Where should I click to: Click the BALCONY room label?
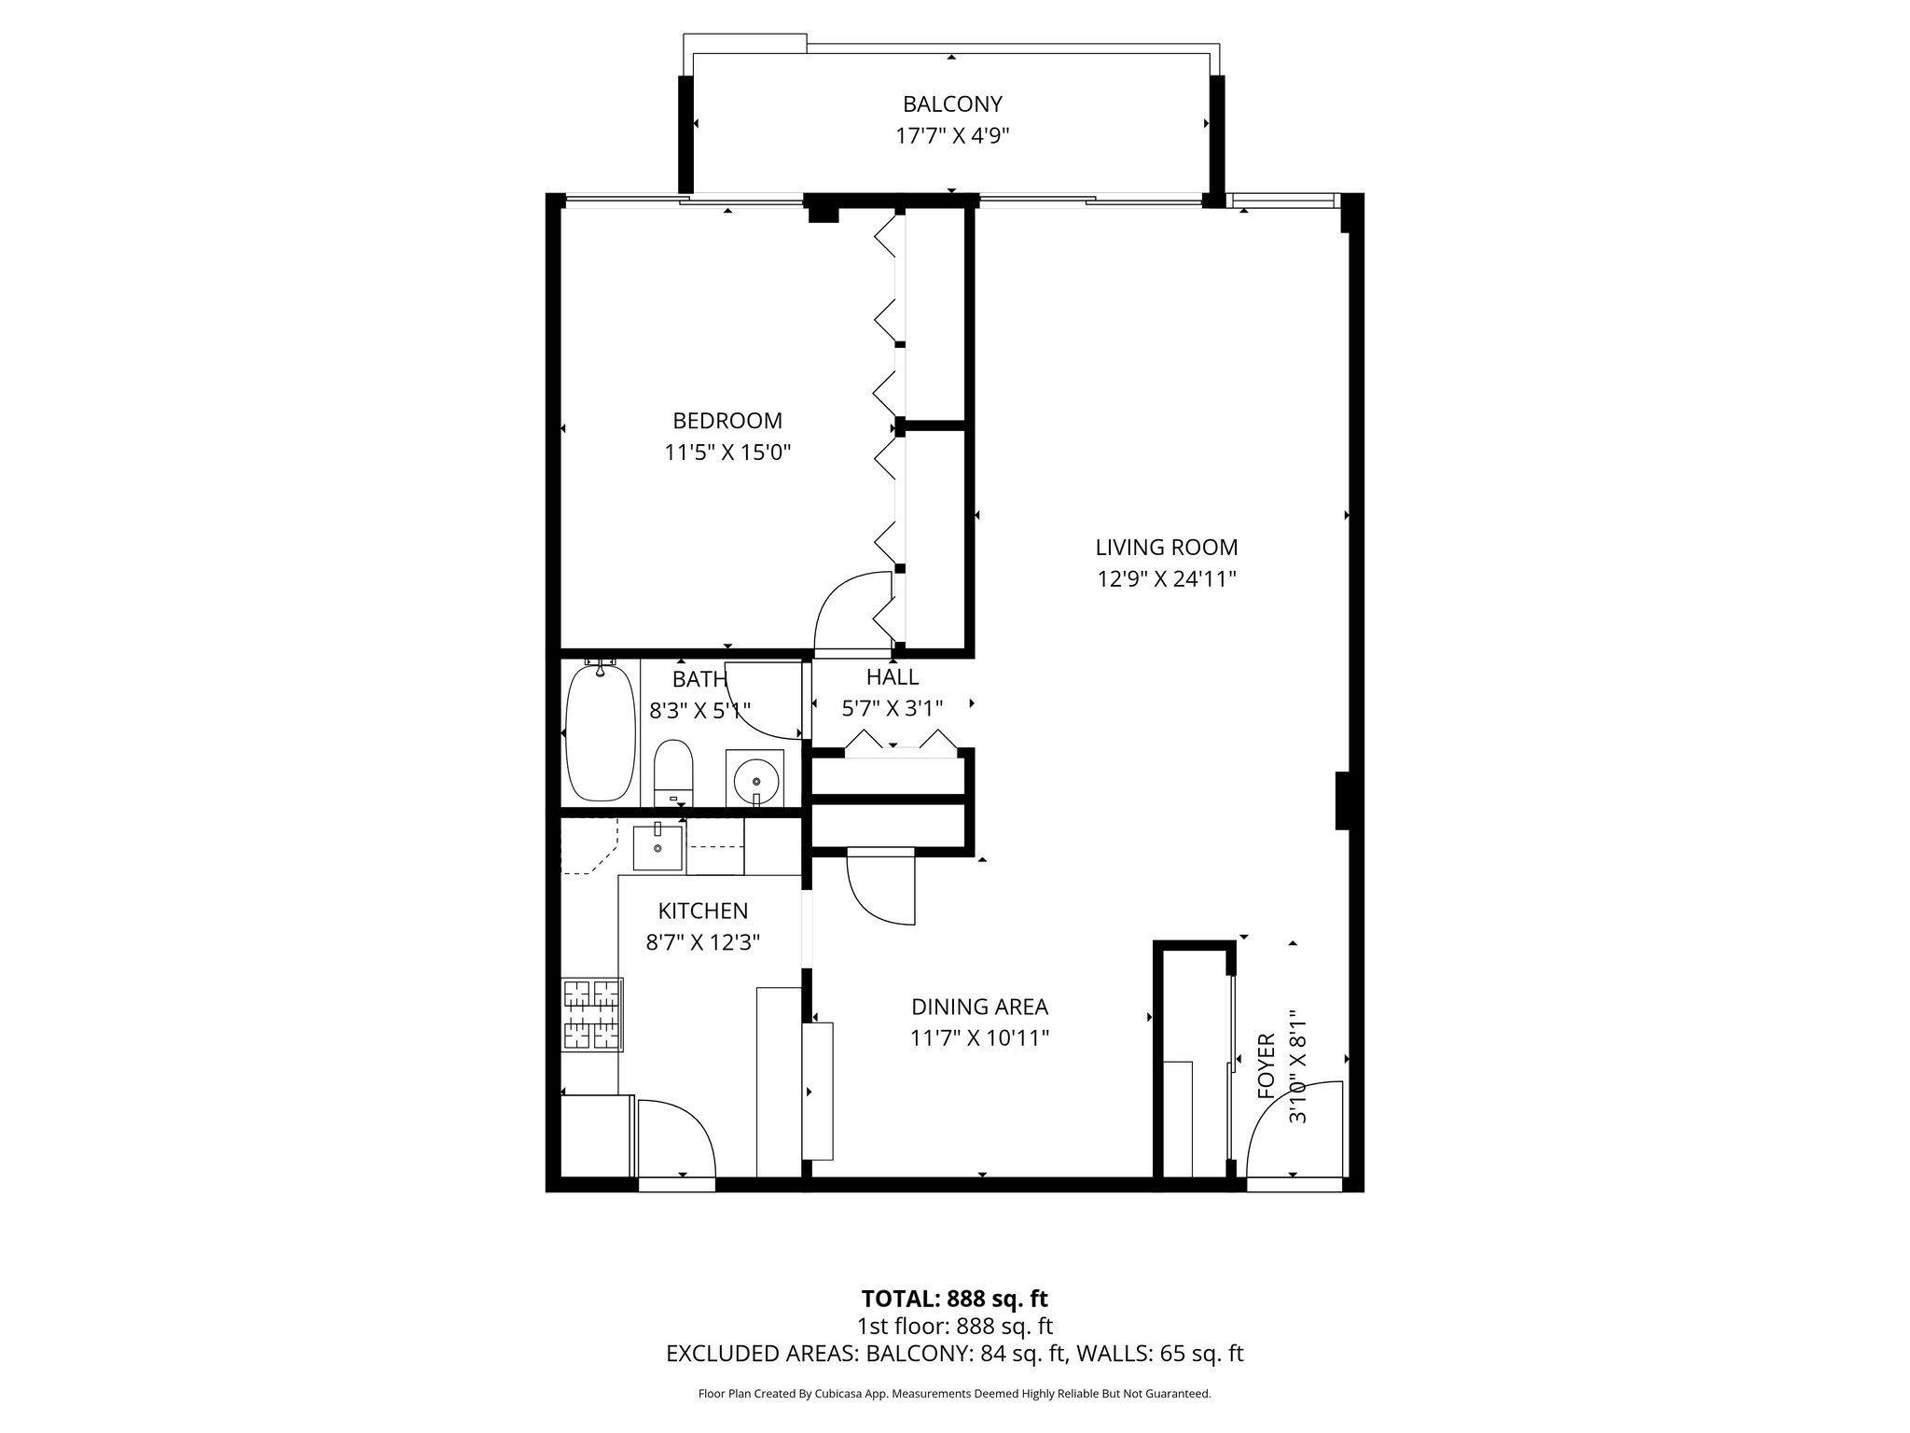tap(951, 104)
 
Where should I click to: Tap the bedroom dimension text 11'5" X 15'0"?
tap(727, 453)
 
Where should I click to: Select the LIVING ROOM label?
tap(1166, 548)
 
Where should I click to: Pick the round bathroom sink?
tap(754, 777)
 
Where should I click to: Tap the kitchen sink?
tap(658, 847)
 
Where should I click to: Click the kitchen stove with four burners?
tap(592, 1015)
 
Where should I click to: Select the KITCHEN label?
tap(703, 911)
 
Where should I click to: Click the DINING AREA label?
tap(979, 1007)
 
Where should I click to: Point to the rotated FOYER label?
tap(1266, 1066)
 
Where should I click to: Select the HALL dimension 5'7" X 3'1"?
tap(893, 709)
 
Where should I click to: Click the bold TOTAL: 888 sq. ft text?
tap(954, 1299)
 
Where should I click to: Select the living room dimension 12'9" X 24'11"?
tap(1166, 579)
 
